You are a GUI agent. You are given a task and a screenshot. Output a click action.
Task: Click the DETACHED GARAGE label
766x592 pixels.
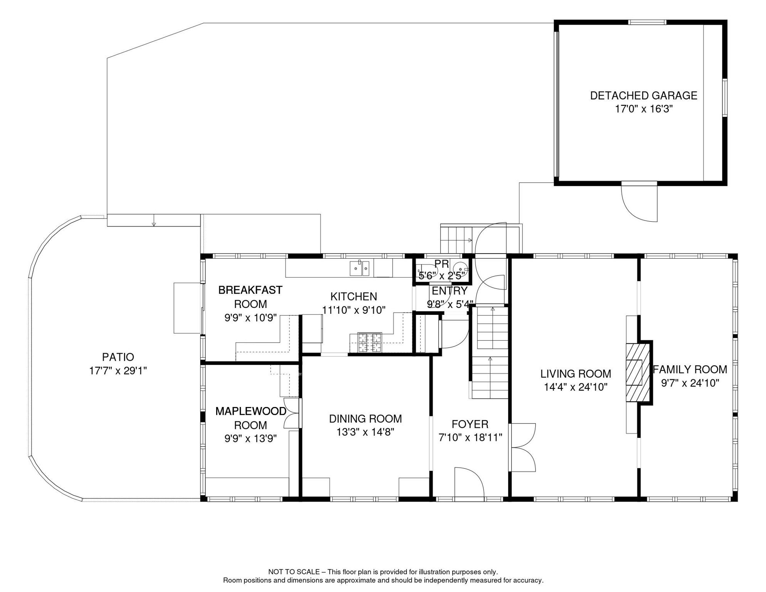[643, 96]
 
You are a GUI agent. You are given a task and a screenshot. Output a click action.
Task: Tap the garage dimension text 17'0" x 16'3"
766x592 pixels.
[643, 109]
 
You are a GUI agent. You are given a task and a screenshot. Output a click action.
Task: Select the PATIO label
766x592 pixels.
[118, 357]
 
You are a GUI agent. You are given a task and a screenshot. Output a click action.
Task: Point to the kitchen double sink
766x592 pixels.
[359, 268]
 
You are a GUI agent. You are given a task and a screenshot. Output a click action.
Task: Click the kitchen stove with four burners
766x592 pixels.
[370, 343]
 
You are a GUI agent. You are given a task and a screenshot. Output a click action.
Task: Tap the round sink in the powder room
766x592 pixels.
[460, 269]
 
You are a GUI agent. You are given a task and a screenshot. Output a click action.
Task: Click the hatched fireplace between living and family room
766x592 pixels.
[638, 372]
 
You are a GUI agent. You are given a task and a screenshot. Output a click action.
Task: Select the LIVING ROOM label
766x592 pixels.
[576, 374]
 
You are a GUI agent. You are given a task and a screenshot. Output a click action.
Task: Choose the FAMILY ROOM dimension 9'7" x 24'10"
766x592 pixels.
[690, 383]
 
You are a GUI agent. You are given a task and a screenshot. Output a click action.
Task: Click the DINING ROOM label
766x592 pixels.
[365, 419]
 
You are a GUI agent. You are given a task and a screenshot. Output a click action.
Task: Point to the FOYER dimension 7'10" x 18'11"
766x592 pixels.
[470, 437]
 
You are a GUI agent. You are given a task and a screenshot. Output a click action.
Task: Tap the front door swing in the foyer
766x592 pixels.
[469, 484]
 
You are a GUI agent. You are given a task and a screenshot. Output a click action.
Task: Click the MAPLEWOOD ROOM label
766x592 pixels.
[250, 418]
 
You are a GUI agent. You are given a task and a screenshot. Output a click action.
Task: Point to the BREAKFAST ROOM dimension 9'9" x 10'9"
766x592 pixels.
[250, 318]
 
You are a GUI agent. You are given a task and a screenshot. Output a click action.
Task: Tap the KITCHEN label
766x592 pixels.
[354, 296]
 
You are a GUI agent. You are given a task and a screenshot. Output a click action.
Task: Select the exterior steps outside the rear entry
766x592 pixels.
[457, 239]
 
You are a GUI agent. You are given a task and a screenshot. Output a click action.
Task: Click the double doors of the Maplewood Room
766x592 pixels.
[292, 413]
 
